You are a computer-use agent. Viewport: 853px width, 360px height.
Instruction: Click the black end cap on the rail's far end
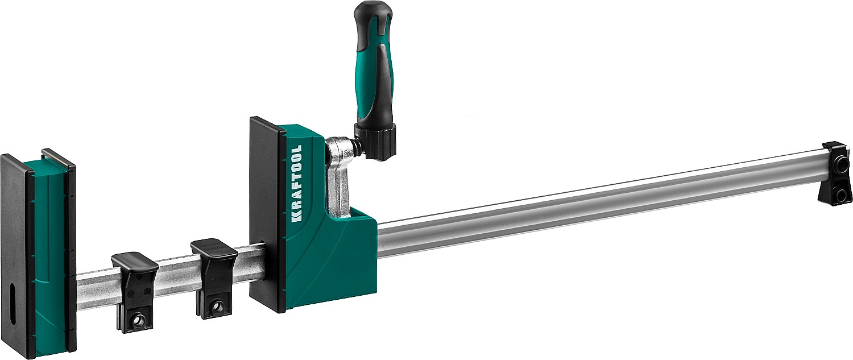pos(836,173)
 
